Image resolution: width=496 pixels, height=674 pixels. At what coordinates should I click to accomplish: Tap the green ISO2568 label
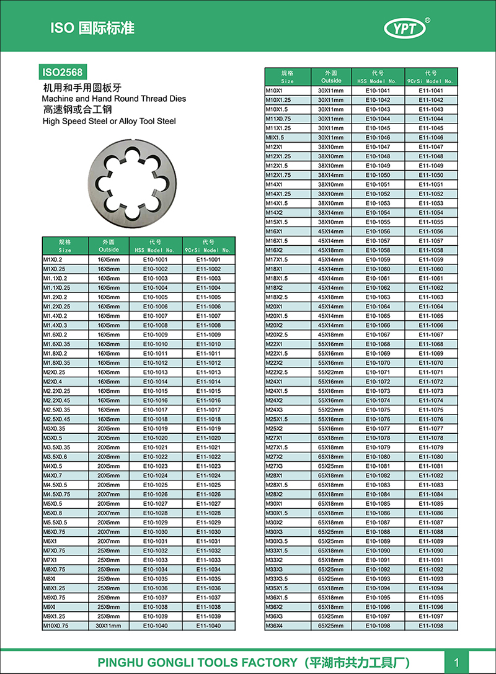62,72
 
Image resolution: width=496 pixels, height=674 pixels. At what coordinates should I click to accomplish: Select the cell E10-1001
156,259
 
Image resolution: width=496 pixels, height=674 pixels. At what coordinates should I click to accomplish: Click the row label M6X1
50,541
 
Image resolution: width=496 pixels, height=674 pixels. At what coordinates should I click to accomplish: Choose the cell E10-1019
156,429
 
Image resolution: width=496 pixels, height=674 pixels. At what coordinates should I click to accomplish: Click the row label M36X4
274,626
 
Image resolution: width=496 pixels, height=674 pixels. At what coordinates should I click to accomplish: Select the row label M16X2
274,250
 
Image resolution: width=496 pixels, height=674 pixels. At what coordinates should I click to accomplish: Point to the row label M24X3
274,410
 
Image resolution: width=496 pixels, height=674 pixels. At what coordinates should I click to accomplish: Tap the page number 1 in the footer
456,662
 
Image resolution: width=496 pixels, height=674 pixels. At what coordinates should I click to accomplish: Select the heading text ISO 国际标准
92,28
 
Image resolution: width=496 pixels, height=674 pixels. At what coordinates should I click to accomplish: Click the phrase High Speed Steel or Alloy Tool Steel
109,121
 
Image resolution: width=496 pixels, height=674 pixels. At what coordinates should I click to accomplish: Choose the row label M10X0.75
56,626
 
